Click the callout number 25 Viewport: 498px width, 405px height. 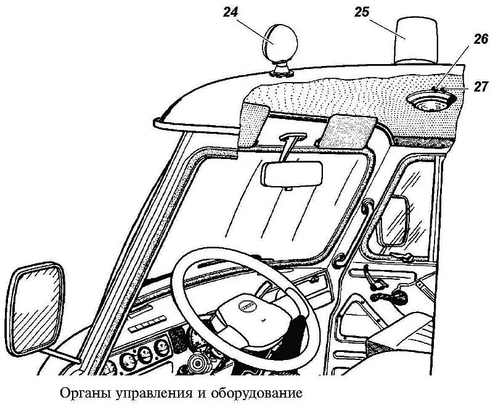click(x=362, y=10)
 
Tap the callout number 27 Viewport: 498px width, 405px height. click(x=481, y=86)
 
